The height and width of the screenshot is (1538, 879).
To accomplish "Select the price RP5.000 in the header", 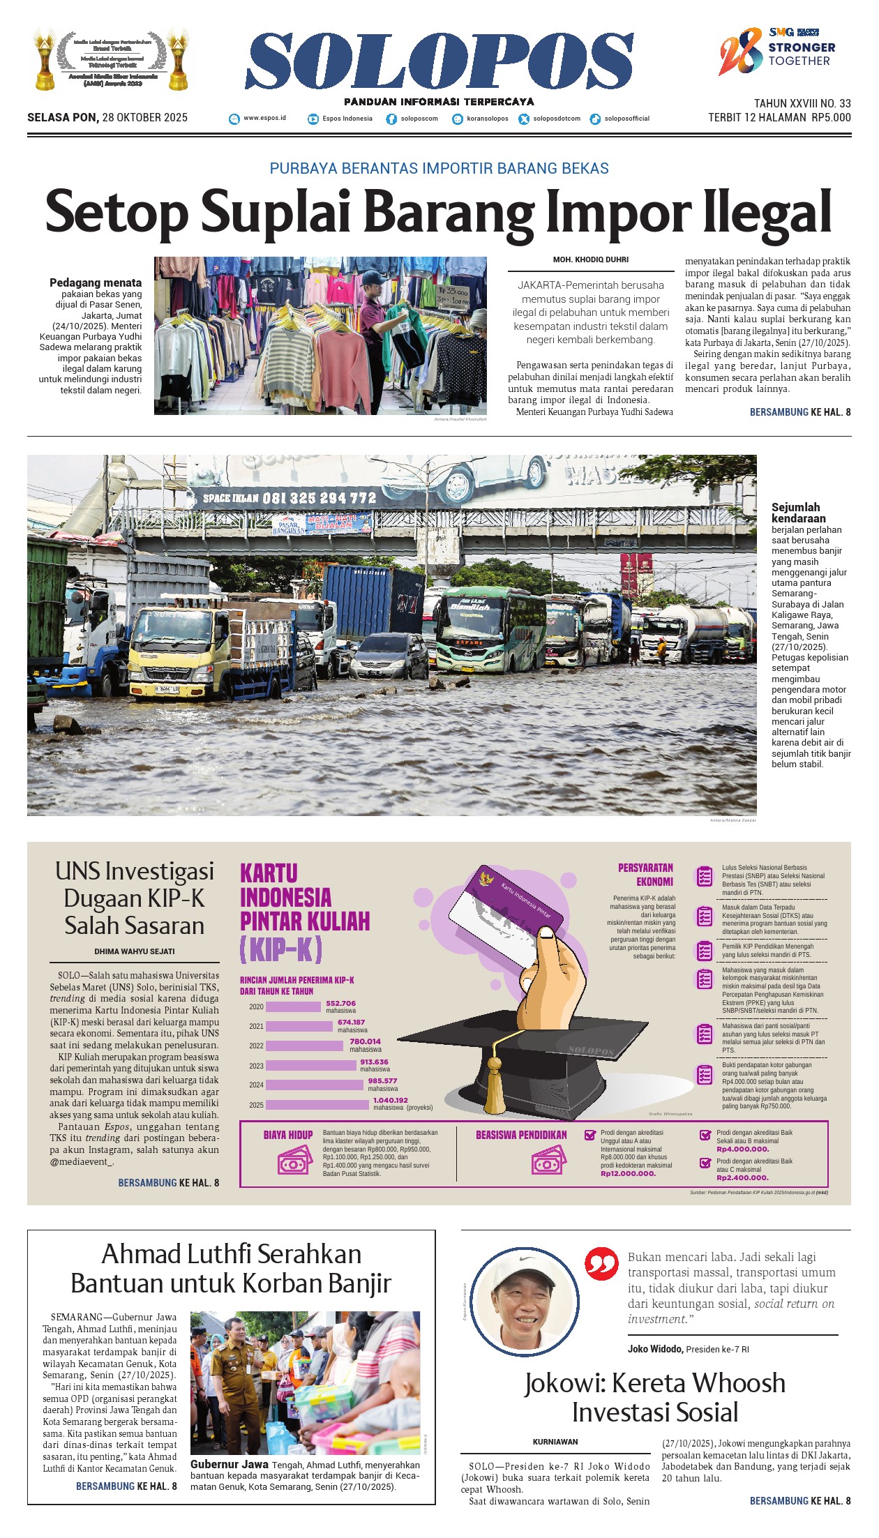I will pos(831,118).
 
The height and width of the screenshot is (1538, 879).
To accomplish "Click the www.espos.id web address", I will pos(264,118).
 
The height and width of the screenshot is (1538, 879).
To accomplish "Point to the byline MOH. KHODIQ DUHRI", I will pos(590,259).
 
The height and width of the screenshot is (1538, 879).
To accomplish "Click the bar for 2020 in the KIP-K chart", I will pos(293,1007).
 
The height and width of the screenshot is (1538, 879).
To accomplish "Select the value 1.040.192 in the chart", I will pos(390,1100).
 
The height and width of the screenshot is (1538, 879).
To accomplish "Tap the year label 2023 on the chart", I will pos(256,1066).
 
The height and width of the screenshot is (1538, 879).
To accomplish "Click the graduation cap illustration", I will pos(530,1060).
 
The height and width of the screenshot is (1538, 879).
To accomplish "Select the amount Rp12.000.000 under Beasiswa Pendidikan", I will pos(628,1173).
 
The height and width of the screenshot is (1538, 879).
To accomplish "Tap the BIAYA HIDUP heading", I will pos(288,1135).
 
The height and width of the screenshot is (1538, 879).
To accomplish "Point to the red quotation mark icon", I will pos(601,1264).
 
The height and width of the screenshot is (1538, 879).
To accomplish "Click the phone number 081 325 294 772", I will pos(319,498).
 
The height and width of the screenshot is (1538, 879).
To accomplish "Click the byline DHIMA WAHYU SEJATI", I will pos(135,951).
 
